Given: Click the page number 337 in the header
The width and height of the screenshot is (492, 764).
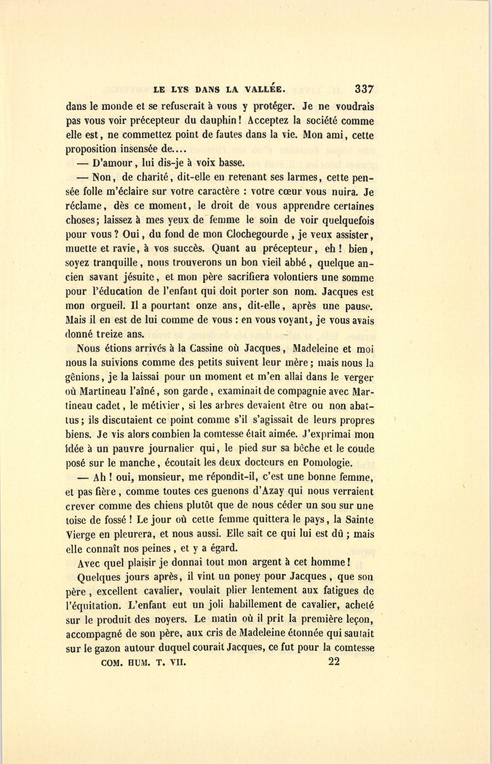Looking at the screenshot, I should pyautogui.click(x=364, y=89).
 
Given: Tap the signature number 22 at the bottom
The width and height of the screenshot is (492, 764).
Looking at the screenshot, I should pyautogui.click(x=334, y=662).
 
